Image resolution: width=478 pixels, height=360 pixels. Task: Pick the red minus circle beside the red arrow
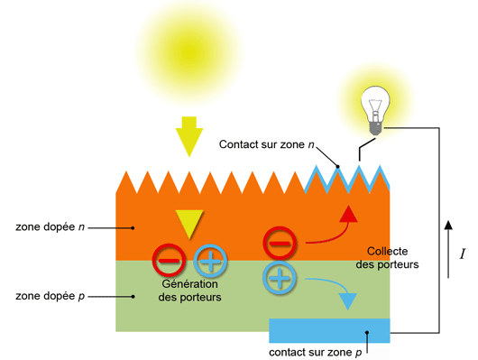[279, 243]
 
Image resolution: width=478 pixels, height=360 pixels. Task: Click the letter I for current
[462, 254]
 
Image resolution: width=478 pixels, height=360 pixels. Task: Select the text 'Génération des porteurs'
[188, 289]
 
